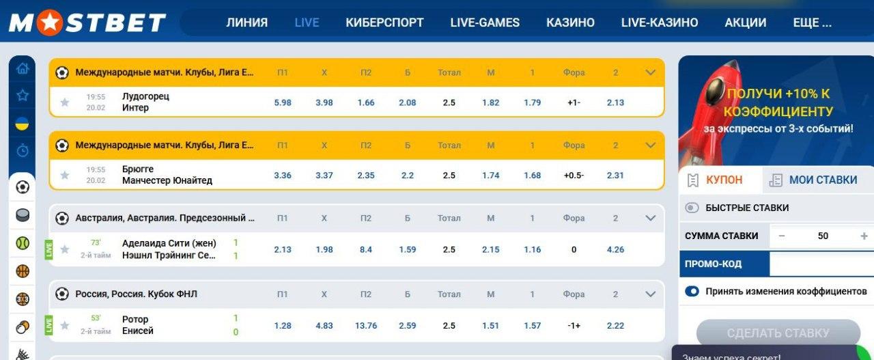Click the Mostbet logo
click(x=87, y=23)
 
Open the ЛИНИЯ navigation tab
click(x=246, y=23)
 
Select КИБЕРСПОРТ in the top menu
click(x=384, y=23)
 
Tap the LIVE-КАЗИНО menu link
click(x=659, y=23)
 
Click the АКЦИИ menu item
click(x=745, y=23)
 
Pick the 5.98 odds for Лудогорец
click(x=283, y=102)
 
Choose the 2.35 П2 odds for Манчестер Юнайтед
click(x=366, y=176)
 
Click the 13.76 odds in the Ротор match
click(x=366, y=326)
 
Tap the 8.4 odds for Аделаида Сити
click(x=366, y=250)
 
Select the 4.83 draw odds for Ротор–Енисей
click(x=324, y=326)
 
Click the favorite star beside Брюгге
click(x=65, y=176)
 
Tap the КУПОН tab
click(x=720, y=180)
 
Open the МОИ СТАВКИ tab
click(x=816, y=180)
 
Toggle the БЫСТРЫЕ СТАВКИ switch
click(x=692, y=208)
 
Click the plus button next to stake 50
click(x=864, y=236)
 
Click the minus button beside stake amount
click(x=782, y=236)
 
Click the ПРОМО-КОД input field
click(x=821, y=264)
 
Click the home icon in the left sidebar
click(x=23, y=68)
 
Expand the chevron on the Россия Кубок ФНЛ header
click(x=650, y=294)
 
